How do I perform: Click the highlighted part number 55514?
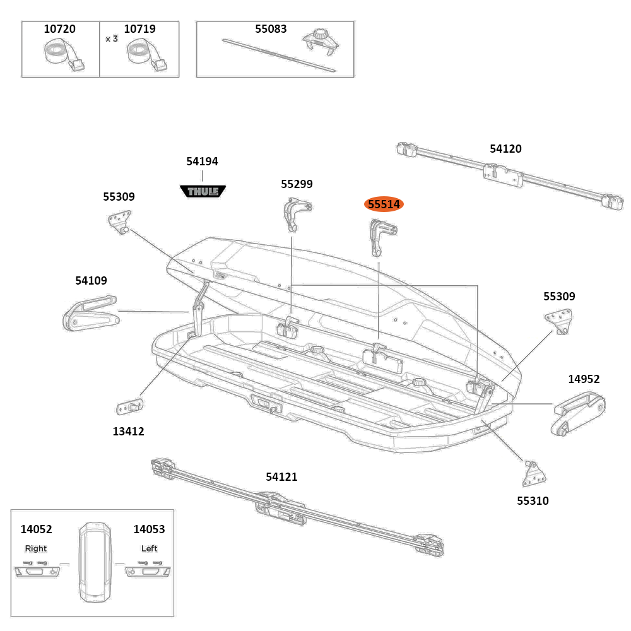click(x=384, y=204)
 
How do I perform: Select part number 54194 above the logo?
click(x=202, y=162)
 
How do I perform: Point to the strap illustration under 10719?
click(x=143, y=54)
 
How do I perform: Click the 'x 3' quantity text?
click(x=112, y=38)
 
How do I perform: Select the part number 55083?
click(x=271, y=29)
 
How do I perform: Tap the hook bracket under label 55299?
click(x=295, y=215)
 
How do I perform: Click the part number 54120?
click(x=505, y=149)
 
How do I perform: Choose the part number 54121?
click(x=281, y=477)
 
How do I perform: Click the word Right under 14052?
click(x=36, y=548)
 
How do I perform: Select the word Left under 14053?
click(x=149, y=548)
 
